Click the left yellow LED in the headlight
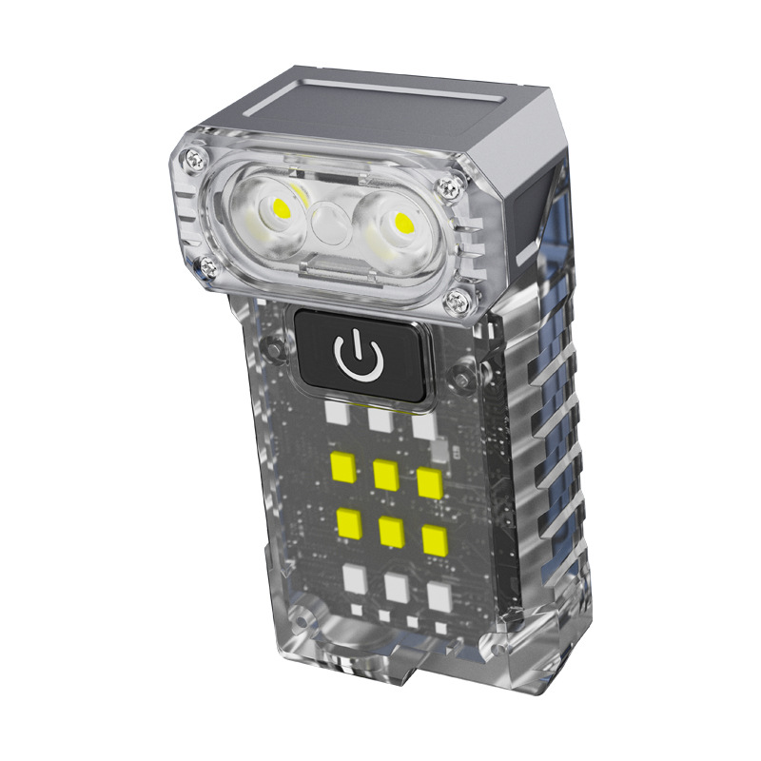pyautogui.click(x=282, y=206)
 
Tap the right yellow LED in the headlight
pyautogui.click(x=402, y=224)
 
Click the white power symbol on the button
pyautogui.click(x=358, y=356)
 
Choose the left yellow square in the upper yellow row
pyautogui.click(x=341, y=466)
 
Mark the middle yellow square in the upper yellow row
pyautogui.click(x=385, y=475)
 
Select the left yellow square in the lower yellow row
pyautogui.click(x=347, y=521)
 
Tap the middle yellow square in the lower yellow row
pyautogui.click(x=391, y=531)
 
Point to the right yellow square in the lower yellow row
pyautogui.click(x=435, y=540)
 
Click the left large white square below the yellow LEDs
pyautogui.click(x=354, y=577)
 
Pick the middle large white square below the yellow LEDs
pyautogui.click(x=397, y=587)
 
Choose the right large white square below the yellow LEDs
pyautogui.click(x=439, y=596)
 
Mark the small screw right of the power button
pyautogui.click(x=462, y=381)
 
